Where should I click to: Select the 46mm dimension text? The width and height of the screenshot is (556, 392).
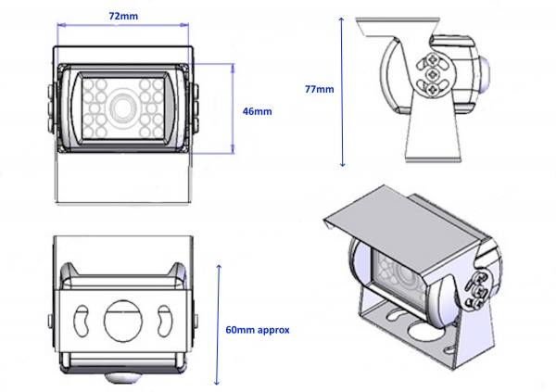coord(257,110)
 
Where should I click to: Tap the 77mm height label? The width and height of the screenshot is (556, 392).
coord(319,90)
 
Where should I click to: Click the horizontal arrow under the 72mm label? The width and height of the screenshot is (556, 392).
coord(125,30)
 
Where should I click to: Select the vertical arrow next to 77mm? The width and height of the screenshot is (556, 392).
coord(343,92)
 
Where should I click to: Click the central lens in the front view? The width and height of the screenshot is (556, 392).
coord(121,107)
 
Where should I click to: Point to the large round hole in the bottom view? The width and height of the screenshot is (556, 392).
coord(123,321)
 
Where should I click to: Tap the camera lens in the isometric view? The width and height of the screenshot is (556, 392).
coord(405,273)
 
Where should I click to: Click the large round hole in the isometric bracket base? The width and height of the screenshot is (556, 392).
coord(418,328)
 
